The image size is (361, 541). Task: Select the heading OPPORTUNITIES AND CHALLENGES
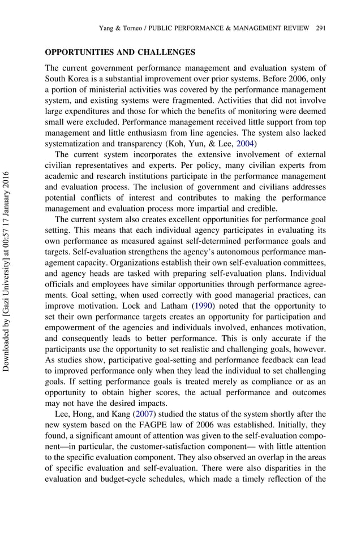[x=120, y=53]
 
